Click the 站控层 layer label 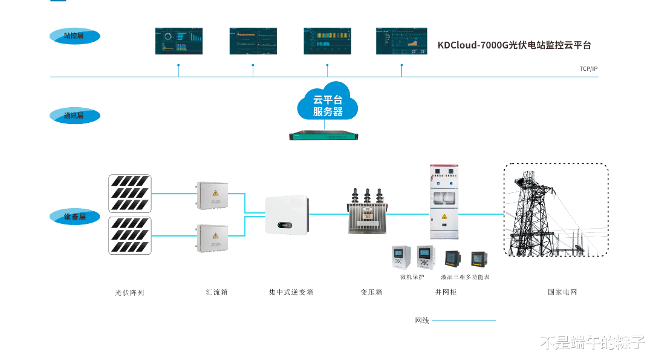click(x=74, y=36)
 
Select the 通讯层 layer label click(x=74, y=115)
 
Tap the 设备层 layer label click(x=74, y=216)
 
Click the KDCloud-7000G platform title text click(x=513, y=45)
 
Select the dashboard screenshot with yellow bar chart click(x=327, y=41)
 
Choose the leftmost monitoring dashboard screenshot click(x=178, y=41)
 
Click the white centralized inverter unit click(x=287, y=215)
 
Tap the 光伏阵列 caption click(x=130, y=293)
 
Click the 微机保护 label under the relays click(x=412, y=277)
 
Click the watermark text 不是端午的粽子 click(x=592, y=342)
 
